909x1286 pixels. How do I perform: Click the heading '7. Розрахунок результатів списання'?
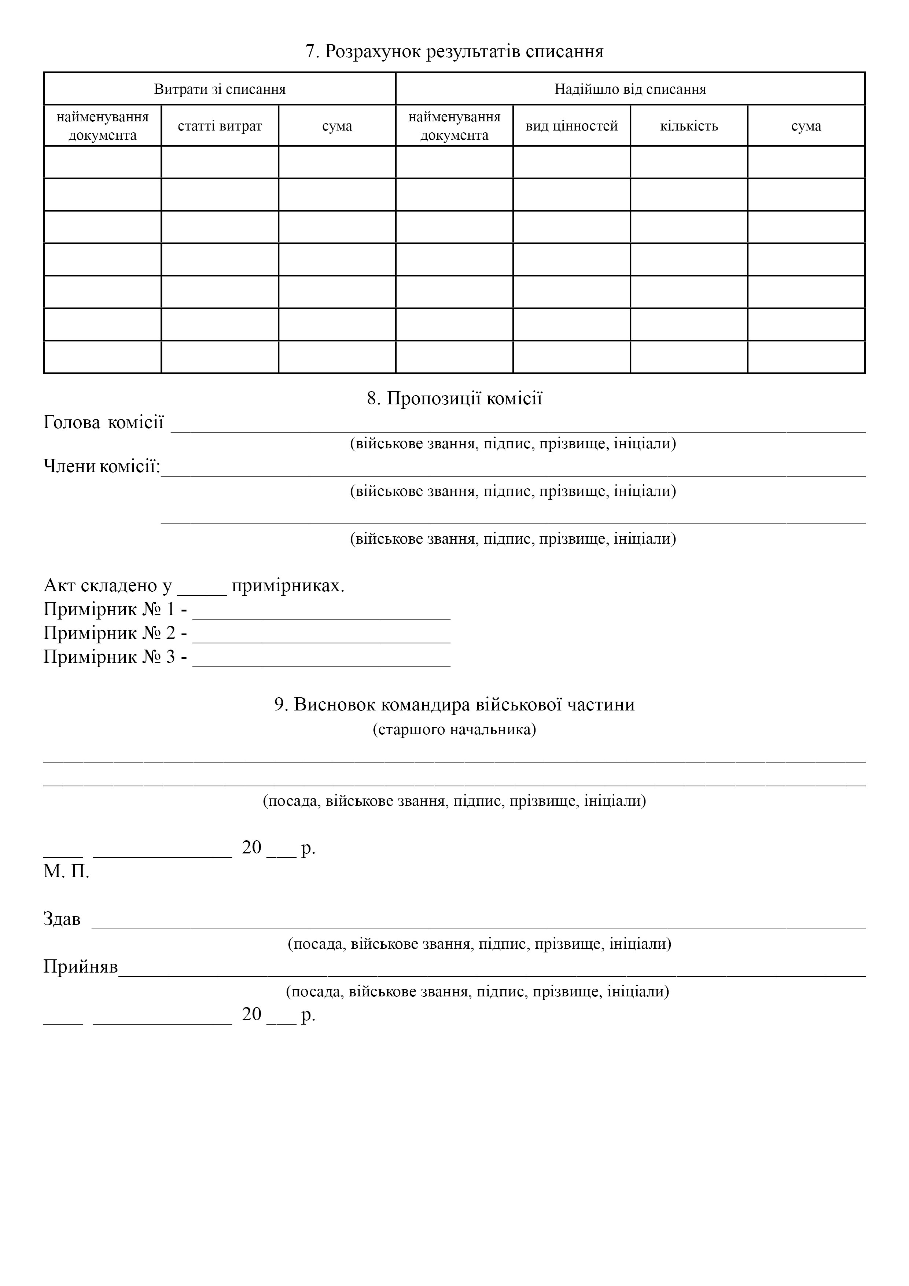(454, 52)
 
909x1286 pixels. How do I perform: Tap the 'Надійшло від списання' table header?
(630, 89)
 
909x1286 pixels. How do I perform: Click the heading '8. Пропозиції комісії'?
(454, 399)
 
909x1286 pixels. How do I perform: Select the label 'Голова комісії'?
(104, 422)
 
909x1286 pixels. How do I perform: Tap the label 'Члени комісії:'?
(102, 466)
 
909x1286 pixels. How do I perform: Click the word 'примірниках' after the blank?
(288, 586)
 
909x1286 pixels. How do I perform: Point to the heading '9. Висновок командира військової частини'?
(454, 704)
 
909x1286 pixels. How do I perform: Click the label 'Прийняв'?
(81, 967)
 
